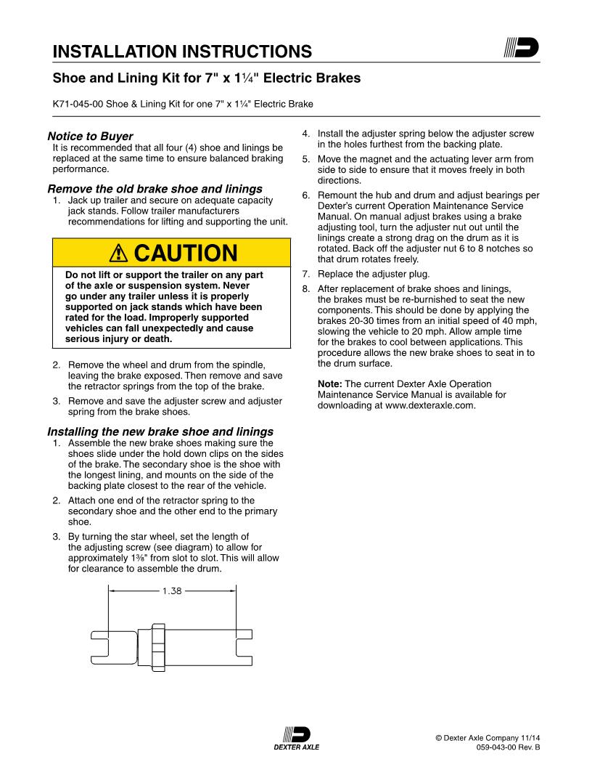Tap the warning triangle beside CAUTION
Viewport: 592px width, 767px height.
(x=118, y=253)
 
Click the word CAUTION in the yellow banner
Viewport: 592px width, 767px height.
(x=186, y=253)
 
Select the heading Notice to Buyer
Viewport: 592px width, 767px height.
(x=90, y=136)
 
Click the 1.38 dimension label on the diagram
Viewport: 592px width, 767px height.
(x=172, y=591)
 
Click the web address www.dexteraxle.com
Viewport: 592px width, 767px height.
(x=430, y=405)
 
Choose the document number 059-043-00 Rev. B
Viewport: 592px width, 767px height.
(x=508, y=747)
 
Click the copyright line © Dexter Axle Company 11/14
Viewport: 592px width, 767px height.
(x=488, y=737)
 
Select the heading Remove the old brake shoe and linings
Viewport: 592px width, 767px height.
(x=155, y=189)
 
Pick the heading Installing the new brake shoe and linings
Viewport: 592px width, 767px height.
(x=160, y=431)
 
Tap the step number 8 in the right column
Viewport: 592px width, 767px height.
(x=305, y=288)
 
